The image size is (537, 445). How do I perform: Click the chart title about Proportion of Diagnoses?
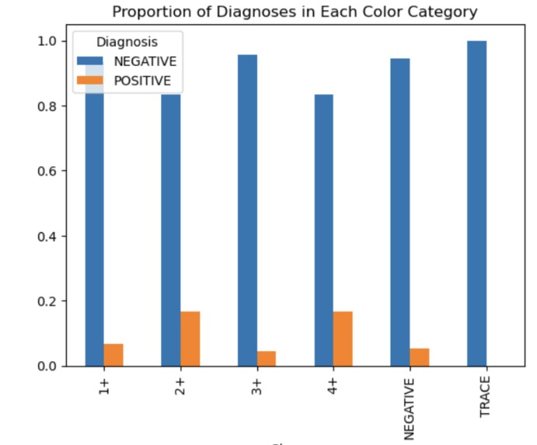coord(295,12)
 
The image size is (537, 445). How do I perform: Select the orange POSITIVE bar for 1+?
coord(113,355)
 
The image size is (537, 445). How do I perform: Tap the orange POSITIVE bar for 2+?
coord(190,339)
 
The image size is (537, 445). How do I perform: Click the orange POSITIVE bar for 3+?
coord(267,358)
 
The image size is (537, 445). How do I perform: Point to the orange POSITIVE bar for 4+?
coord(343,339)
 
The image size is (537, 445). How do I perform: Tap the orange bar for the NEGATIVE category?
coord(419,357)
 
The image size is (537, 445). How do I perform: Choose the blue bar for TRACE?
coord(476,203)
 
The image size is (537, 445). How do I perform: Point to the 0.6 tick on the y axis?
coord(50,171)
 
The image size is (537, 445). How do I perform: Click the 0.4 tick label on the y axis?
coord(50,236)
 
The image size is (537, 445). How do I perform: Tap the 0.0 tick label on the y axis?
coord(50,366)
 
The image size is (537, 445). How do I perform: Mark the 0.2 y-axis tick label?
coord(50,301)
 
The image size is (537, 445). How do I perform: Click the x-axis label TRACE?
coord(486,398)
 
